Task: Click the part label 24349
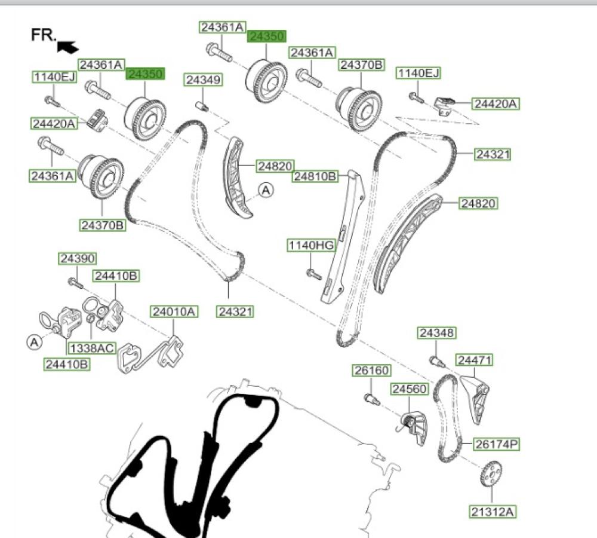pos(203,80)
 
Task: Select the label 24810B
pos(315,176)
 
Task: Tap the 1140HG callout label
pos(311,245)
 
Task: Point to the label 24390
pos(77,259)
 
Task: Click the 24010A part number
pos(174,311)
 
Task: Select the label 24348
pos(436,333)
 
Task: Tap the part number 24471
pos(475,360)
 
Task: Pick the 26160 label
pos(371,371)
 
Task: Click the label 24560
pos(410,389)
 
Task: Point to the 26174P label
pos(497,444)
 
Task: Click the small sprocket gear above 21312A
pos(490,475)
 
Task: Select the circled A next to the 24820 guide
pos(266,191)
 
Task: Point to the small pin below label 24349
pos(202,106)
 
